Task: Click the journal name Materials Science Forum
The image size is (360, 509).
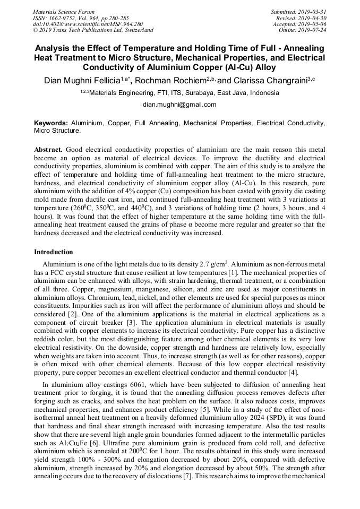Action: click(x=64, y=12)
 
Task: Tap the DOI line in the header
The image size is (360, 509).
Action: click(x=88, y=24)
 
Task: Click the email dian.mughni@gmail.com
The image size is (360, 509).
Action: click(x=179, y=105)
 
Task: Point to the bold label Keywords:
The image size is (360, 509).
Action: click(x=51, y=123)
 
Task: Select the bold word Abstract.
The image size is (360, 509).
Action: click(x=48, y=150)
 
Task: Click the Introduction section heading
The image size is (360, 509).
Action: click(x=54, y=252)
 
